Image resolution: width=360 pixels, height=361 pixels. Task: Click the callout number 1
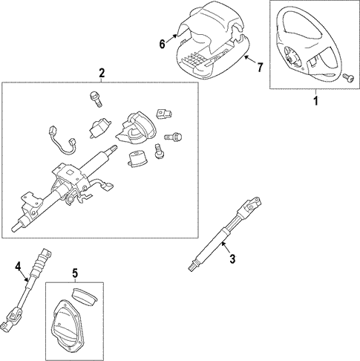tap(315, 101)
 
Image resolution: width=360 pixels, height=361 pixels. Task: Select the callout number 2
tap(102, 73)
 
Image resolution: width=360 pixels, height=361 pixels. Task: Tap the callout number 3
tap(232, 258)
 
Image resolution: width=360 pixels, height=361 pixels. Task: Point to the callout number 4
tap(19, 267)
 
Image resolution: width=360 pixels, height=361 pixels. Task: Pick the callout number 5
tap(75, 273)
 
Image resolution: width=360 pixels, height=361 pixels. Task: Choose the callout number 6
tap(162, 45)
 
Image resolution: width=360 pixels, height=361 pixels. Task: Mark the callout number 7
tap(260, 68)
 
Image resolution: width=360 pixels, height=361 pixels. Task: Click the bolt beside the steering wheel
tap(348, 78)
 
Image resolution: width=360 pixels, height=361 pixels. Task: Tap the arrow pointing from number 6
tap(171, 39)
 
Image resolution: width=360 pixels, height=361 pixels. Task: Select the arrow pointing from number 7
tap(250, 60)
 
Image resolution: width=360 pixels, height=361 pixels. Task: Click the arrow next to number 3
tap(226, 247)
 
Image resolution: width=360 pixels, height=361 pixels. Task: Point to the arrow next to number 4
tap(25, 276)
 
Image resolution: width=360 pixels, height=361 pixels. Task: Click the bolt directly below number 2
tap(96, 99)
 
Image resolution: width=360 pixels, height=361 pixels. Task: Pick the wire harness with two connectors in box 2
tap(62, 141)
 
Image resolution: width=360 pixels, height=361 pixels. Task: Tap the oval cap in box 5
tap(85, 297)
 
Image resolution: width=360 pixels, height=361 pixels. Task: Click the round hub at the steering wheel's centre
tap(289, 59)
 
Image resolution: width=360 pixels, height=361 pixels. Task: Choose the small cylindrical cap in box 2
tap(138, 159)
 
